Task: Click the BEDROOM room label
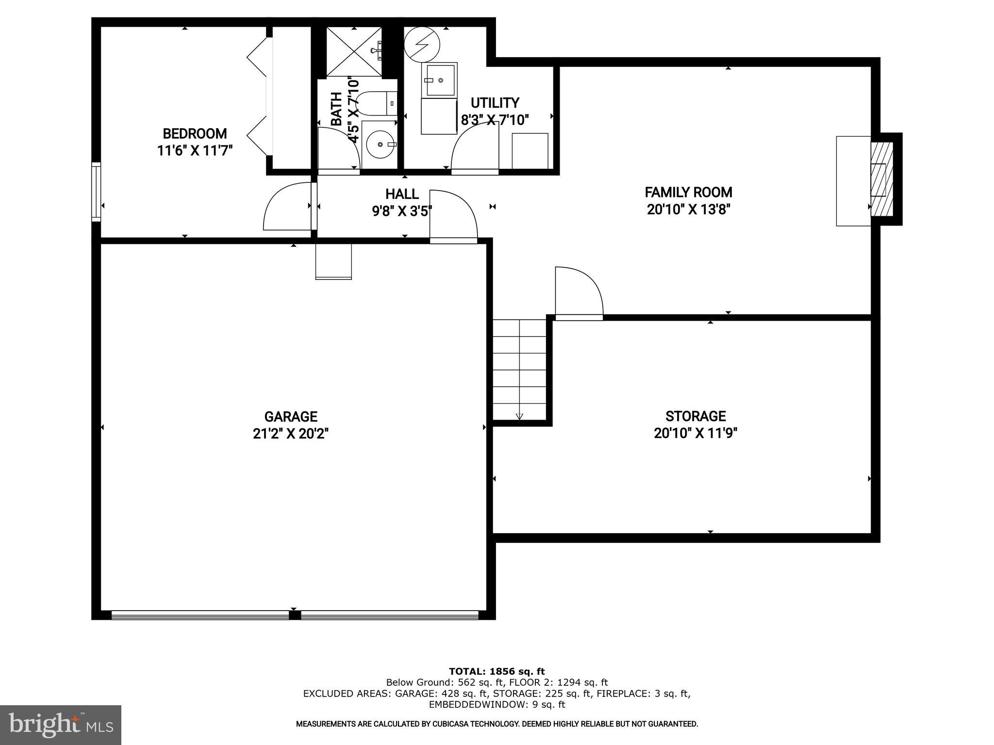pos(195,133)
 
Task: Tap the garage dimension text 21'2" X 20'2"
pos(291,433)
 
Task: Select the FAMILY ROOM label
pos(688,192)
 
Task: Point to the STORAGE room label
pos(696,416)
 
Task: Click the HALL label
pos(402,194)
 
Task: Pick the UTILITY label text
pos(495,103)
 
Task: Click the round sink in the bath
pos(380,144)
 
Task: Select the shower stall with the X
pos(353,51)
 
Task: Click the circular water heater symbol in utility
pos(422,44)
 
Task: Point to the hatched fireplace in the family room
pos(882,179)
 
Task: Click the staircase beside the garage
pos(520,369)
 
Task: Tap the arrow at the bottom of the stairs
pos(519,416)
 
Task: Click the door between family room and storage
pos(579,293)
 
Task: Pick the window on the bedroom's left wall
pos(96,192)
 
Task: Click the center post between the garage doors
pos(294,615)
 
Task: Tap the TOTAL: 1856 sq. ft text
pos(497,672)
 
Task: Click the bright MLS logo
pos(61,725)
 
